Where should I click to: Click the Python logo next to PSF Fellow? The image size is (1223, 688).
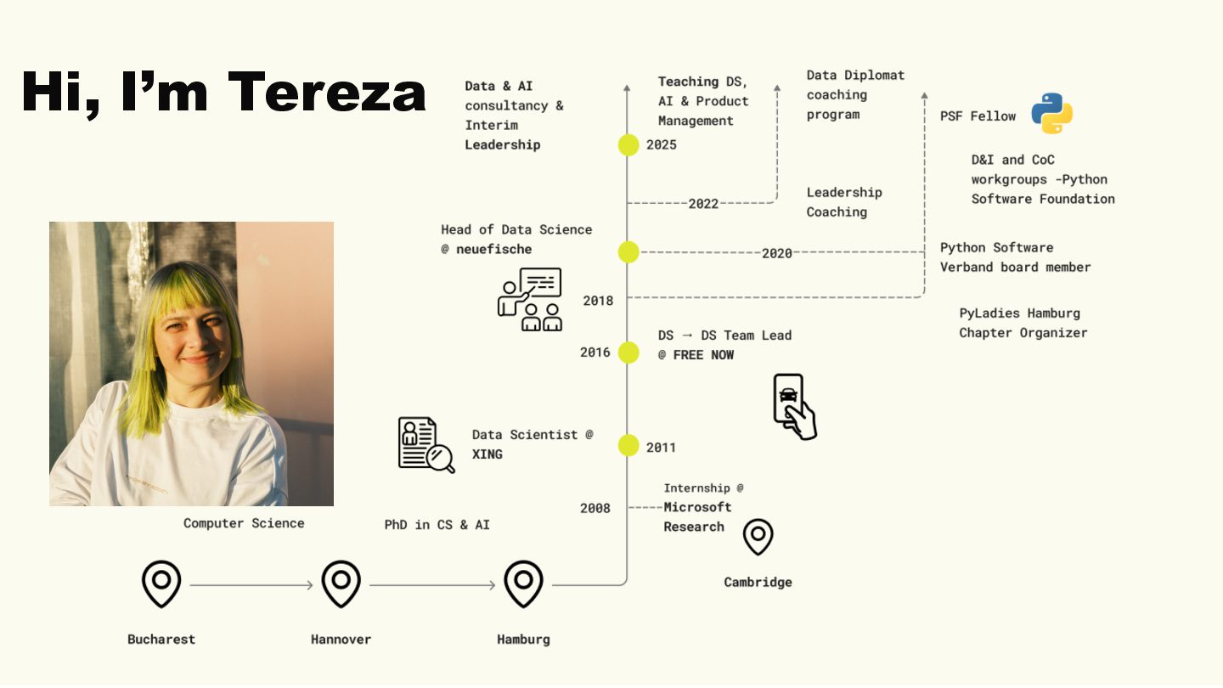click(x=1051, y=114)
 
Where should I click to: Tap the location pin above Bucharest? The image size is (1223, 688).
click(x=161, y=583)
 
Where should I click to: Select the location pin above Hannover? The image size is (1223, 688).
click(x=341, y=583)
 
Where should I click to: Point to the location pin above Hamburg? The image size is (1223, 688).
click(x=523, y=583)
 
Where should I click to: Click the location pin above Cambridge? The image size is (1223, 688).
click(x=758, y=537)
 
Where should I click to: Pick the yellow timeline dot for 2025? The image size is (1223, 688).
click(x=628, y=144)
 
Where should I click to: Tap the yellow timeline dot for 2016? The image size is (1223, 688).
click(x=628, y=352)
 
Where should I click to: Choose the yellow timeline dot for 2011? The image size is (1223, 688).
click(x=628, y=445)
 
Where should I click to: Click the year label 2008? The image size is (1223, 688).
click(x=595, y=508)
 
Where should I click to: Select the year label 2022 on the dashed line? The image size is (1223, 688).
click(x=703, y=204)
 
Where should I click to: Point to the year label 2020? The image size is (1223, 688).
click(x=776, y=253)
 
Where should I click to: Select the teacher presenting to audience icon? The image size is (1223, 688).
click(x=530, y=299)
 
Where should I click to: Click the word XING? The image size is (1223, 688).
click(x=488, y=454)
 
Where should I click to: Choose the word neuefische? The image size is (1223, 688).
click(x=493, y=250)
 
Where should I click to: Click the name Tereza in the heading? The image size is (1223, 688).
click(x=326, y=91)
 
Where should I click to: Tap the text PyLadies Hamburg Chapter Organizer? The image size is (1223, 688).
click(x=1023, y=323)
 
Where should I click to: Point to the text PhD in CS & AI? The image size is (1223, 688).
click(x=437, y=525)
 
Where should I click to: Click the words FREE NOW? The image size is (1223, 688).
click(x=703, y=355)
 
